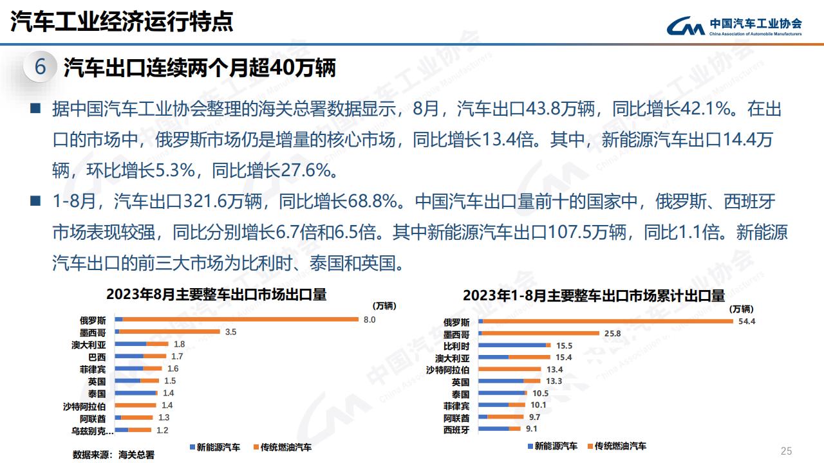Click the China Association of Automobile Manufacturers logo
tap(733, 26)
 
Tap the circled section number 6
tap(40, 67)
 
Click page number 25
tap(785, 450)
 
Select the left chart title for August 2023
tap(216, 295)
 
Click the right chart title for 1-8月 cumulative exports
tap(594, 296)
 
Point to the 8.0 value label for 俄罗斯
tap(369, 320)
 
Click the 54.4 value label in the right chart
tap(747, 322)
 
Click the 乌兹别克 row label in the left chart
tap(92, 430)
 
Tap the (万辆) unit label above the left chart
tap(385, 305)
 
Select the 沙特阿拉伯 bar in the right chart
tap(511, 370)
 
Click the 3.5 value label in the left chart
tap(230, 332)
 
